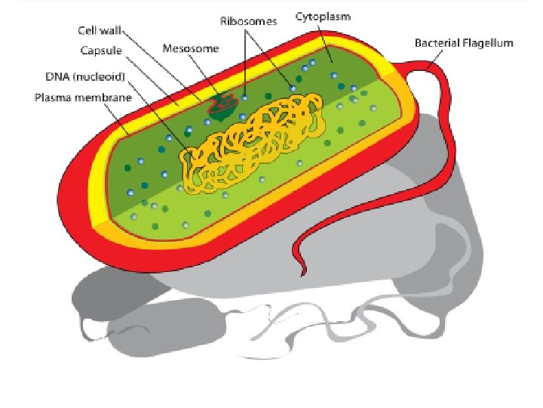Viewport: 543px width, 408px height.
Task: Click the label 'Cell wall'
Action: pos(99,32)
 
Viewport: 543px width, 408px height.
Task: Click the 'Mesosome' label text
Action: pos(191,49)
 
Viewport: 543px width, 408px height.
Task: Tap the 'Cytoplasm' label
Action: pos(323,15)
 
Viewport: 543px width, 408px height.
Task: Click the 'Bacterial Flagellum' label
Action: pos(464,42)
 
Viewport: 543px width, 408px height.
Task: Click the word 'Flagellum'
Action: pos(487,42)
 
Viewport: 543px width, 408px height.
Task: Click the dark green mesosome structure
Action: pos(220,108)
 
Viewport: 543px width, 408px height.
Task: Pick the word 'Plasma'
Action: pos(50,97)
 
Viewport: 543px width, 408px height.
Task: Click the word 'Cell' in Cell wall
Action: pos(87,32)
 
